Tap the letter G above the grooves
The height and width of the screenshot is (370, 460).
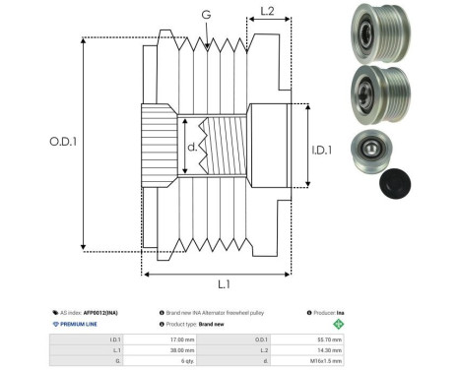point(206,15)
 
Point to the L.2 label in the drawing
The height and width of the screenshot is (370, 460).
point(267,13)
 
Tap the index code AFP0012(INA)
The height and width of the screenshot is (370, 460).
point(104,310)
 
